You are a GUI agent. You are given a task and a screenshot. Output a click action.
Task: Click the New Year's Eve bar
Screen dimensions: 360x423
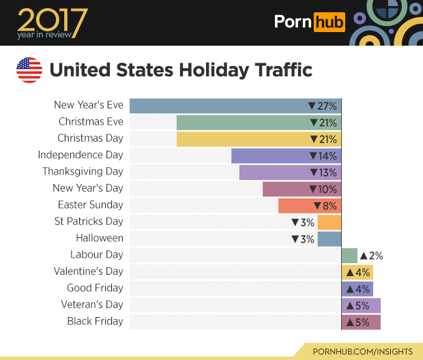pyautogui.click(x=218, y=106)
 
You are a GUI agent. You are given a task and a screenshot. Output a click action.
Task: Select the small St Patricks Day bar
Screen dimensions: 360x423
pyautogui.click(x=329, y=222)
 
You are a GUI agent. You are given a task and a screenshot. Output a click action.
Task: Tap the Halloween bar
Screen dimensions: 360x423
pyautogui.click(x=329, y=239)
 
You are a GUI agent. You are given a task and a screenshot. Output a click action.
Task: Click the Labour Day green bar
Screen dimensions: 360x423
pyautogui.click(x=349, y=255)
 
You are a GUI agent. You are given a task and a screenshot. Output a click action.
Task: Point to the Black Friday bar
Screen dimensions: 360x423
pyautogui.click(x=361, y=321)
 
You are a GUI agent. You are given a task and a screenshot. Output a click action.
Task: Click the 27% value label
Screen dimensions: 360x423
pyautogui.click(x=323, y=106)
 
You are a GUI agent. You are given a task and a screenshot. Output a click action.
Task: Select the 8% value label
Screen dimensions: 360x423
pyautogui.click(x=325, y=205)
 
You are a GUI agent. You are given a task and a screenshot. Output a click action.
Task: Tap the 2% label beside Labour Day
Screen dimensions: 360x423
pyautogui.click(x=371, y=256)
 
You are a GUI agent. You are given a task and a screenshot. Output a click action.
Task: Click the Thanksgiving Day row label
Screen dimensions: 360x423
pyautogui.click(x=83, y=171)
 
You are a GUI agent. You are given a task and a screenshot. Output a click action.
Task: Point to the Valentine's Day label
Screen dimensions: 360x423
pyautogui.click(x=88, y=271)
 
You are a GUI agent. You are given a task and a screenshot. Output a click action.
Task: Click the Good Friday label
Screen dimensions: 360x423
pyautogui.click(x=95, y=288)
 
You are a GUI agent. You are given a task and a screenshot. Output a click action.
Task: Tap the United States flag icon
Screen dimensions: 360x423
pyautogui.click(x=29, y=70)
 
